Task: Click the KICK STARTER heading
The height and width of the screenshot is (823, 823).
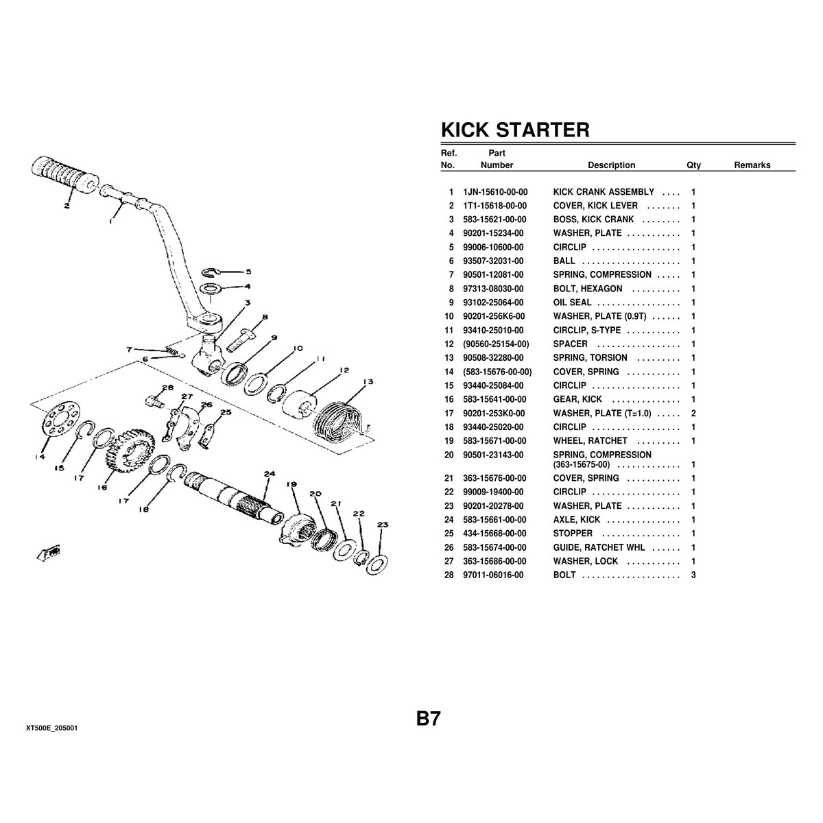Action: point(514,130)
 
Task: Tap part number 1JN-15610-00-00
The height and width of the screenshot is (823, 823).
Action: point(495,192)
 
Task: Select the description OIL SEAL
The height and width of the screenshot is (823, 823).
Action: point(572,302)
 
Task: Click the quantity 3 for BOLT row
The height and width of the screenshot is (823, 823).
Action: point(693,575)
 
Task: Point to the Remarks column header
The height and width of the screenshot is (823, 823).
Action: point(752,165)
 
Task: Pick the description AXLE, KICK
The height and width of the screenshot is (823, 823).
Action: point(576,520)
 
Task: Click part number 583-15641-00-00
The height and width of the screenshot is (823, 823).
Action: point(495,399)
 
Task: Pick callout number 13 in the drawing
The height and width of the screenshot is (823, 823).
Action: point(368,382)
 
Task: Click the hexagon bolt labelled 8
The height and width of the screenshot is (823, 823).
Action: point(241,338)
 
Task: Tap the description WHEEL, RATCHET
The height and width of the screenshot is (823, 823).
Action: point(590,440)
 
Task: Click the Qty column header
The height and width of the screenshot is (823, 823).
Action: point(693,165)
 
